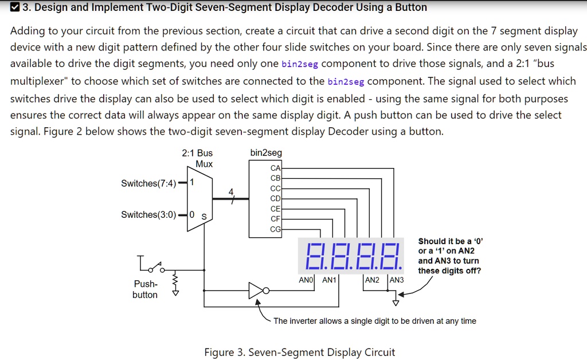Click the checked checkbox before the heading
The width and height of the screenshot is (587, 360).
(14, 7)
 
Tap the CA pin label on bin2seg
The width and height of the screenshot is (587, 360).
(276, 169)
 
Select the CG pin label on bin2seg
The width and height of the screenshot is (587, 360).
(276, 229)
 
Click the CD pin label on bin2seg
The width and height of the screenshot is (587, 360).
(276, 198)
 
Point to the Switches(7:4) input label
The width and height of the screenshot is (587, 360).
(148, 183)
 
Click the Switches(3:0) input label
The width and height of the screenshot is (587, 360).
(148, 214)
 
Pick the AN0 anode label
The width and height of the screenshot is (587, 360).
(306, 280)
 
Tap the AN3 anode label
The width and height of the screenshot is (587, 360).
(397, 280)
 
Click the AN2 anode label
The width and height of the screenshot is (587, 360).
(372, 280)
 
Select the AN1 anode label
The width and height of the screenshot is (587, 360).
(330, 280)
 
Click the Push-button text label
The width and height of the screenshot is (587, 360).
(145, 289)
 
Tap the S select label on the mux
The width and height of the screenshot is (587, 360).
(204, 217)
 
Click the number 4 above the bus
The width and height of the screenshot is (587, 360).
(231, 192)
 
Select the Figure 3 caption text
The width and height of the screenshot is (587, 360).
(299, 352)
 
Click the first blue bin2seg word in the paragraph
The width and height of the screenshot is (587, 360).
(300, 64)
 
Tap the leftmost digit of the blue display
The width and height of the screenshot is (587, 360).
(314, 256)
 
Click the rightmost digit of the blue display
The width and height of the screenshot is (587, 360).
(391, 256)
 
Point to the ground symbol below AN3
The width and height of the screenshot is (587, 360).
(396, 302)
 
